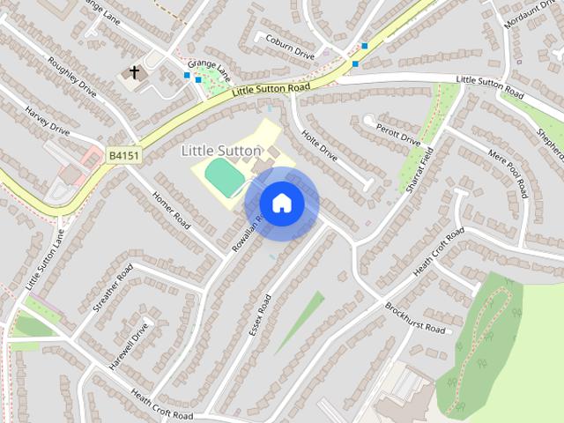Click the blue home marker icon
click(281, 203)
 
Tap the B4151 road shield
click(122, 155)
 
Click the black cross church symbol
click(135, 72)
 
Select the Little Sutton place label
click(220, 151)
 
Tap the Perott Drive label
click(398, 131)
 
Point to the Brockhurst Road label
click(415, 317)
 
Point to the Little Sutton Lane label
click(45, 259)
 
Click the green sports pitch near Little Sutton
click(226, 176)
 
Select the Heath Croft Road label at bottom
click(161, 404)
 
